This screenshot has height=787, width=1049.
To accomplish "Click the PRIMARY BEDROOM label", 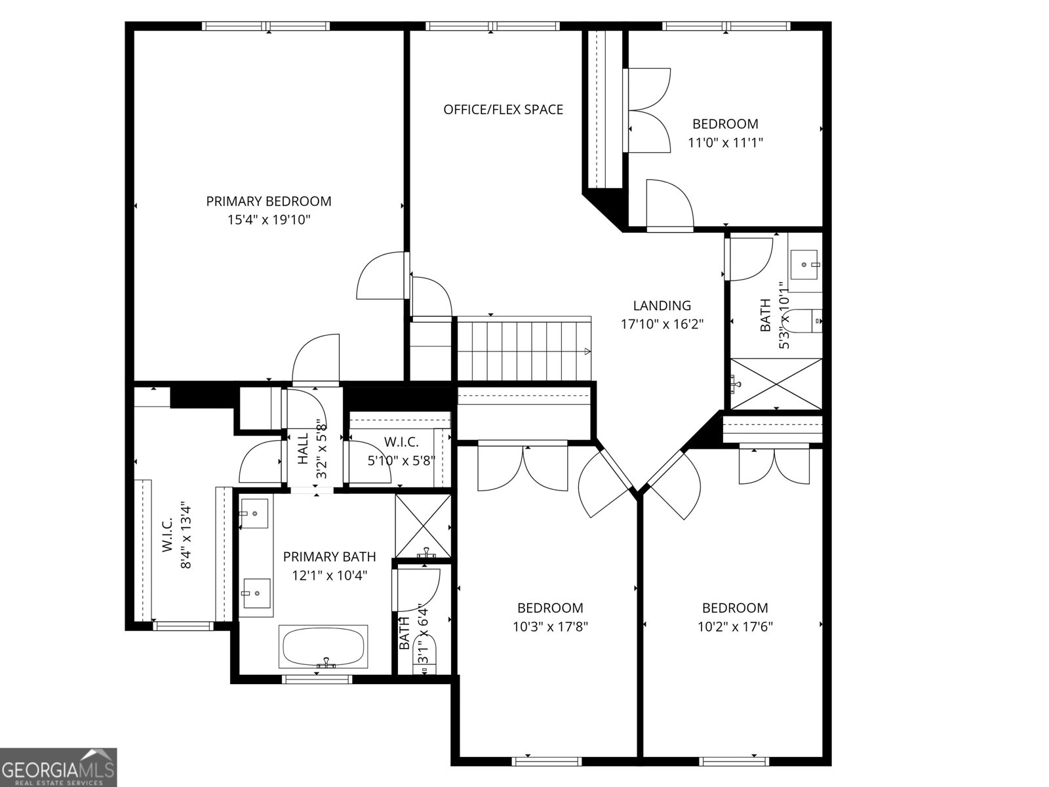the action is (269, 201).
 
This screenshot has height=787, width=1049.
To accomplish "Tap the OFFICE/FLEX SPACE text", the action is (504, 110).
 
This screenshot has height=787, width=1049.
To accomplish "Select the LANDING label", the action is (662, 306).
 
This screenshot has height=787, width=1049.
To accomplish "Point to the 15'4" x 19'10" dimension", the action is (269, 220).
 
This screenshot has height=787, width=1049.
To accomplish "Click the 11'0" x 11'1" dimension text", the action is (725, 142).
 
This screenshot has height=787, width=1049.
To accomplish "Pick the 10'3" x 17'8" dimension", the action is (550, 626).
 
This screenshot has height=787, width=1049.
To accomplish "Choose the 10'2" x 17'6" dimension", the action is (735, 626).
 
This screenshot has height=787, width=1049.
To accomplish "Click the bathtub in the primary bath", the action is (323, 647).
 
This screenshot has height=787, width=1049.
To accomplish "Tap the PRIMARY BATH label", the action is (329, 557).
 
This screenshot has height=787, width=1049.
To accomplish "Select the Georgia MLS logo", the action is (58, 767).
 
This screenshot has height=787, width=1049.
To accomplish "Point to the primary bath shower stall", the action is (424, 525).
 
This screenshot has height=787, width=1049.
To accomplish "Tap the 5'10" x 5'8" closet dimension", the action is (401, 460).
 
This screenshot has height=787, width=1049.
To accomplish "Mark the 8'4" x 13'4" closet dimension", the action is (186, 537).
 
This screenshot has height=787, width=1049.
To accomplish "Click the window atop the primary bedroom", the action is (266, 26).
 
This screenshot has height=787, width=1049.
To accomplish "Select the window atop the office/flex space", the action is (493, 26).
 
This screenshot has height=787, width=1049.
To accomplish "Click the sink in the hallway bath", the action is (805, 264).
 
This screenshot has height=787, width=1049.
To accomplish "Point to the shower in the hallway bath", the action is (776, 384).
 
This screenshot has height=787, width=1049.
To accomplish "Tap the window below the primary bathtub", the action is (317, 679).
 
